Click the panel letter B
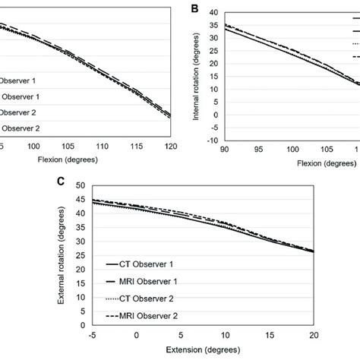pos(194,9)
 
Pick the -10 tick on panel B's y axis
pos(210,140)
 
